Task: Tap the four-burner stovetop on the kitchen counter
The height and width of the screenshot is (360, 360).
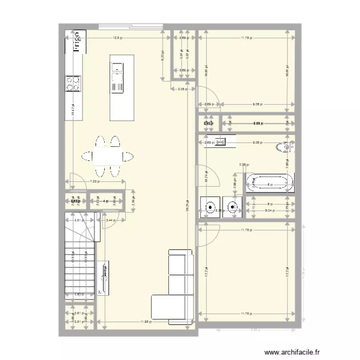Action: click(x=73, y=84)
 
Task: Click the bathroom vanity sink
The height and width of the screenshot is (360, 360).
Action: click(x=221, y=141)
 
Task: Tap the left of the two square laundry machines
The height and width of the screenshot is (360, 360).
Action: click(x=210, y=207)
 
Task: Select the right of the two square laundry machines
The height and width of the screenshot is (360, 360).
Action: click(x=232, y=207)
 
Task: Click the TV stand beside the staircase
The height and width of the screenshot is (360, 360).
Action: click(x=103, y=277)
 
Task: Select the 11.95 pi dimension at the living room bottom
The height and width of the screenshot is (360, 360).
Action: click(x=146, y=322)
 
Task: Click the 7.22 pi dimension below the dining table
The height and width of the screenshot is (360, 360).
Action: click(x=95, y=181)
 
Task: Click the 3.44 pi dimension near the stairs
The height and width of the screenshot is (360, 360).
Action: click(x=110, y=220)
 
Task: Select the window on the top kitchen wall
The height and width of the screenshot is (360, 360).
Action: click(x=130, y=26)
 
